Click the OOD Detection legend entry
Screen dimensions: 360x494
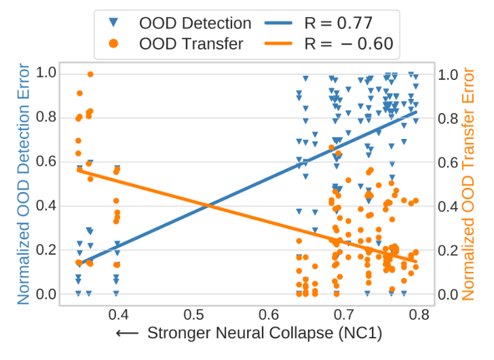point(194,23)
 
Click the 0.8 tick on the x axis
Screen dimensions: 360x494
point(420,315)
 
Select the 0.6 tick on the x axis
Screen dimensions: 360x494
point(269,315)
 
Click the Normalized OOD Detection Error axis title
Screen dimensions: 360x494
point(23,183)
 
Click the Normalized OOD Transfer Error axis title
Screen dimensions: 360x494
point(470,183)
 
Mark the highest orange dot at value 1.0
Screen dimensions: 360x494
point(90,75)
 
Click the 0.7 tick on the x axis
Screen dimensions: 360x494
point(345,315)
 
